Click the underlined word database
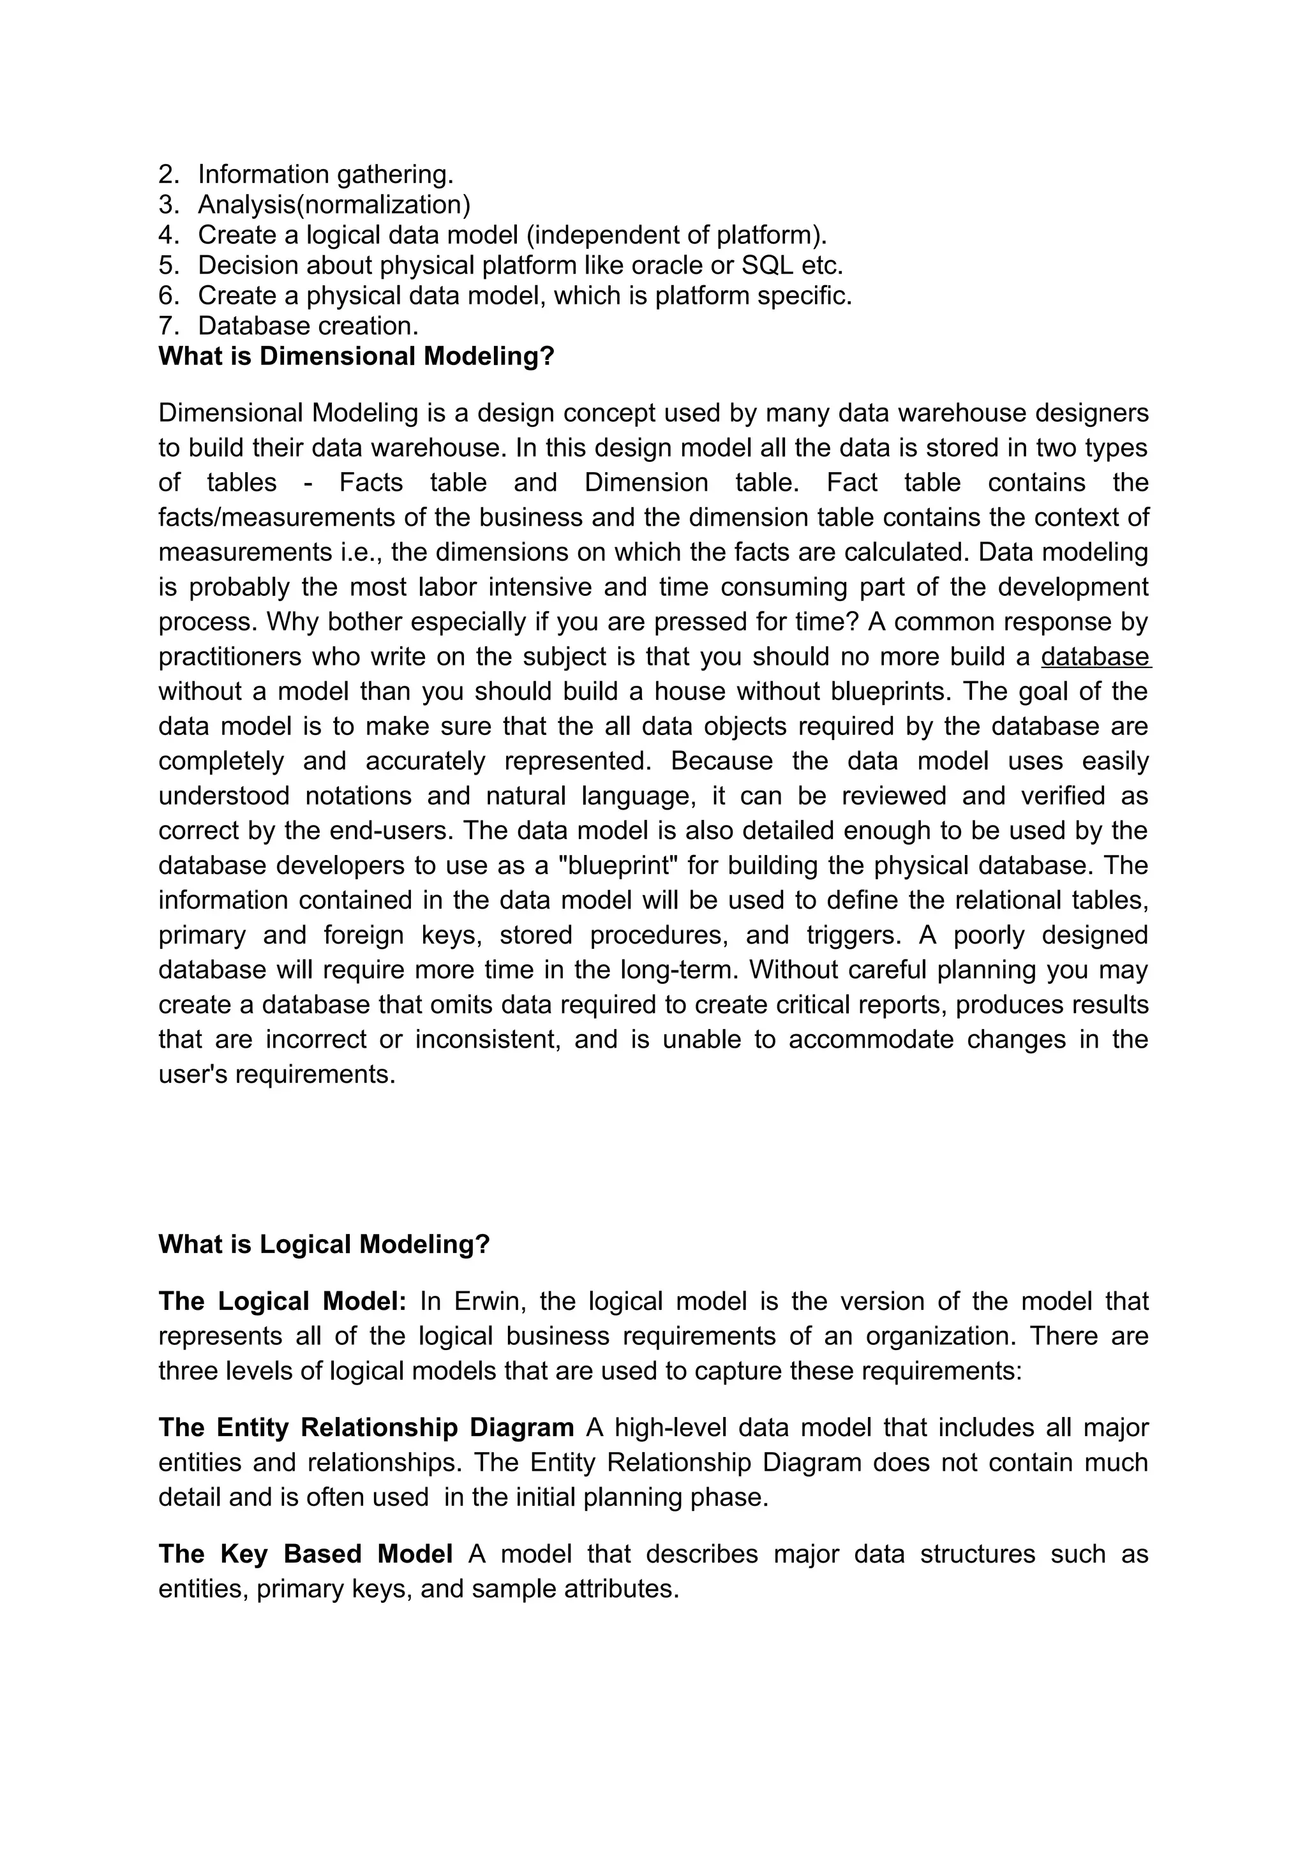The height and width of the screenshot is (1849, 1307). click(1095, 657)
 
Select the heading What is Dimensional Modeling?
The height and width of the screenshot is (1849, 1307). click(356, 356)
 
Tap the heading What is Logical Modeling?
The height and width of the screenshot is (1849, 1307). click(324, 1244)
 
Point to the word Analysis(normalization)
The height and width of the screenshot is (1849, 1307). click(334, 205)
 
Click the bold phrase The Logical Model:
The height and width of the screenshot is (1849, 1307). click(282, 1302)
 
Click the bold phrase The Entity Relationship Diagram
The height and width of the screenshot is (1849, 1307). click(366, 1428)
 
